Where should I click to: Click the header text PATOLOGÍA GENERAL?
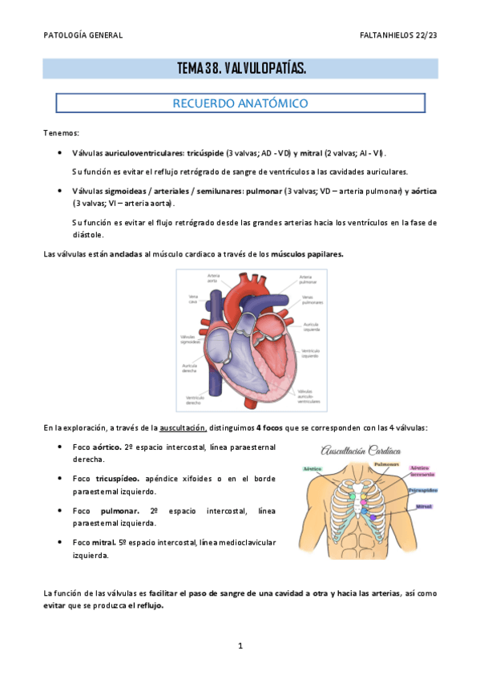(x=83, y=36)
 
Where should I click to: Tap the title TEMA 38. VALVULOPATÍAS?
(x=240, y=69)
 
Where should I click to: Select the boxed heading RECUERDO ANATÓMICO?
(x=240, y=103)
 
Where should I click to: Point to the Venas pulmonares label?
(x=312, y=300)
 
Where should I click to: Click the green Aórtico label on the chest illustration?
(x=313, y=467)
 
